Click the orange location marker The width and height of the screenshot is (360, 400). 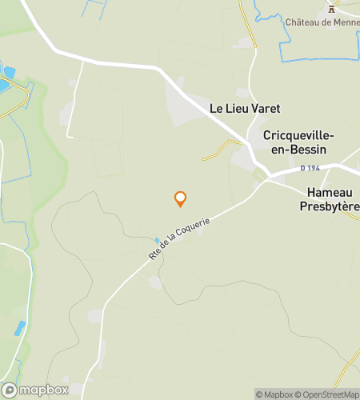[180, 199]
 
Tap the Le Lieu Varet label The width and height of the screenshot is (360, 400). [246, 107]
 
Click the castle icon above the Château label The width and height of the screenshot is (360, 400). [330, 9]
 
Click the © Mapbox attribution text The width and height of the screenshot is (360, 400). [275, 394]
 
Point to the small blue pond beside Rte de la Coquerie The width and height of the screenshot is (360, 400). [158, 239]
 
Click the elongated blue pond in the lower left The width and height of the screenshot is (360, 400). [19, 328]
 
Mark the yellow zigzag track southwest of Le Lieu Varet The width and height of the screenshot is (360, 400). [221, 150]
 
